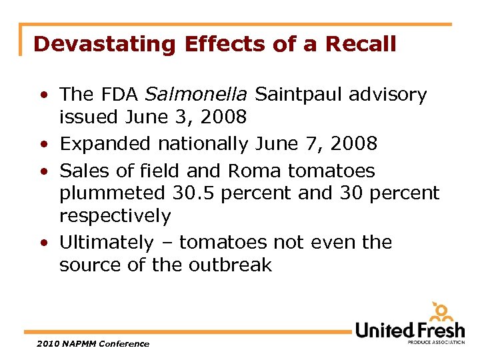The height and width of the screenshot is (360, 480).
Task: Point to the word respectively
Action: click(115, 216)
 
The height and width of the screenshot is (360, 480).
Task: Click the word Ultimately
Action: click(106, 242)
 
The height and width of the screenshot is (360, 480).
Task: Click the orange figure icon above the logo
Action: click(441, 311)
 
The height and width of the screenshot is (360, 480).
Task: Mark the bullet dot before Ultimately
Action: click(43, 243)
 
